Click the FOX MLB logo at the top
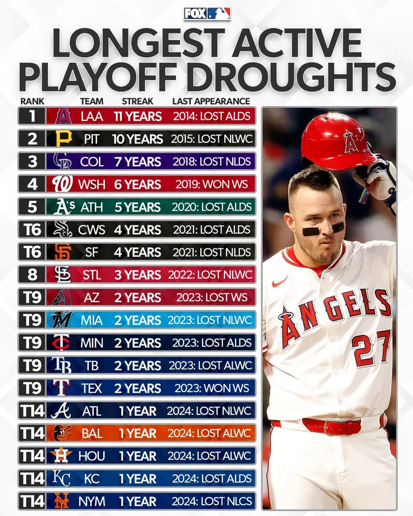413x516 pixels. [206, 13]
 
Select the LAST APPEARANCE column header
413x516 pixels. [211, 101]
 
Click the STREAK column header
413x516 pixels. [137, 101]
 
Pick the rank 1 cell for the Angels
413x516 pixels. [31, 116]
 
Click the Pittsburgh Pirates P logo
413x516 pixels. [63, 139]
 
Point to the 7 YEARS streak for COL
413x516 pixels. [137, 162]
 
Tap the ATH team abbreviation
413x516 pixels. [92, 207]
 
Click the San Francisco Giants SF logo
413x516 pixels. [63, 252]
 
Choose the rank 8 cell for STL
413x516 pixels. [31, 274]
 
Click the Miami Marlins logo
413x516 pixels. [63, 320]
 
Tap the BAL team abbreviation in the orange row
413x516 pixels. [92, 433]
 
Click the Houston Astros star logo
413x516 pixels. [63, 456]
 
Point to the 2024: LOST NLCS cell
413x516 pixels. [212, 501]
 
